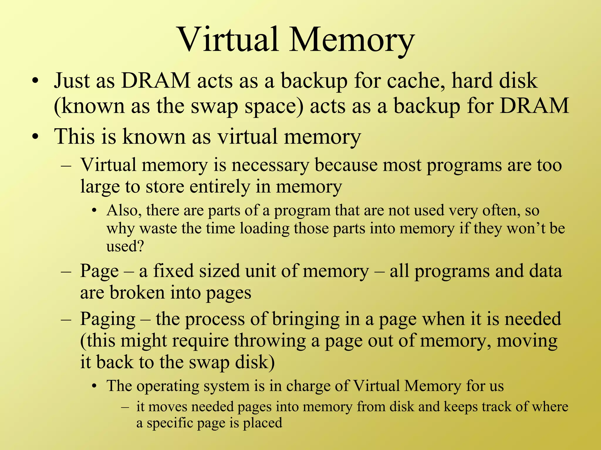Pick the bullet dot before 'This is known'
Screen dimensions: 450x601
click(x=36, y=137)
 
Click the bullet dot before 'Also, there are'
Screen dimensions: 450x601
click(x=94, y=211)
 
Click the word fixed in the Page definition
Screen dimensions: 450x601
click(x=173, y=271)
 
